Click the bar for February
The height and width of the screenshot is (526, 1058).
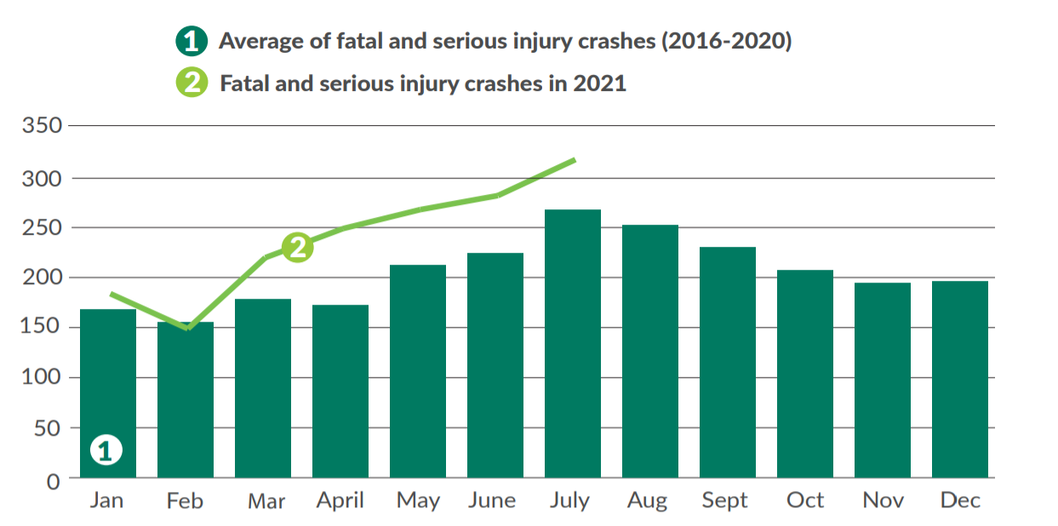coord(186,399)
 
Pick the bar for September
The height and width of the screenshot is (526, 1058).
coord(728,362)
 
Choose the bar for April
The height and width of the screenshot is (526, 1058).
coord(340,391)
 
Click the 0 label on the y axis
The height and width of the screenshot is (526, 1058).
coord(54,481)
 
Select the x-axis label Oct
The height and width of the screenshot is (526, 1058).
coord(805,500)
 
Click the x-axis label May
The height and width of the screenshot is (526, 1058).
coord(418,501)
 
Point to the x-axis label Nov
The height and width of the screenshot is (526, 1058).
coord(883,500)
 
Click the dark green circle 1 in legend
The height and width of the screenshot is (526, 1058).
coord(192,41)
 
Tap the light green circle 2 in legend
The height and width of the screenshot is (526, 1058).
coord(192,83)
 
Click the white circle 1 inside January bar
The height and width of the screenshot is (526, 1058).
coord(106,450)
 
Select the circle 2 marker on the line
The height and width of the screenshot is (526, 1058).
coord(297,247)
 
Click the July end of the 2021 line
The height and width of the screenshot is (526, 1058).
coord(575,159)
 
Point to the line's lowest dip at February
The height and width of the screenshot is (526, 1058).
coord(187,328)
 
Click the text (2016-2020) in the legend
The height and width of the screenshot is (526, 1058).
coord(726,41)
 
